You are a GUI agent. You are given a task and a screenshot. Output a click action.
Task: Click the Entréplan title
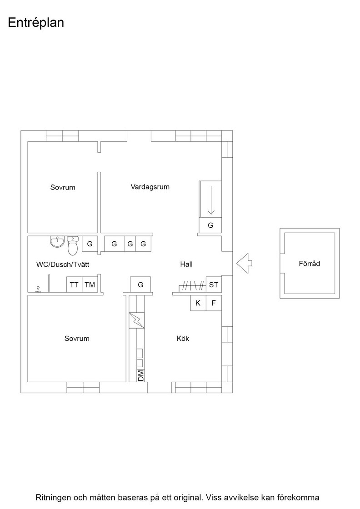[36, 23]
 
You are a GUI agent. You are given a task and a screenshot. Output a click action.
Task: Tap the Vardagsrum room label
[150, 187]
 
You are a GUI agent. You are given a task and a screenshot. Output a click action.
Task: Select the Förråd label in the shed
[310, 263]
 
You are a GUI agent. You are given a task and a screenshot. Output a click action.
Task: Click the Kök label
[183, 338]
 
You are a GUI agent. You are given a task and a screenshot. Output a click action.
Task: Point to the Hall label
[186, 264]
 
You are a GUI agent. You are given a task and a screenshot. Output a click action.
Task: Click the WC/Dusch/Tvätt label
[63, 264]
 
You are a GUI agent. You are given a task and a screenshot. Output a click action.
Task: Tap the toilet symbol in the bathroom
[73, 245]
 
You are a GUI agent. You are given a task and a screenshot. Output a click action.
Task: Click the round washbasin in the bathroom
[57, 242]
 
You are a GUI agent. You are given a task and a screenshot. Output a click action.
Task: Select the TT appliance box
[74, 284]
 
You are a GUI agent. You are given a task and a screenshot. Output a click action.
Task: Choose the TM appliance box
[90, 284]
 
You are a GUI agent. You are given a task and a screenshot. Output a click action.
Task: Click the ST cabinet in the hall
[214, 284]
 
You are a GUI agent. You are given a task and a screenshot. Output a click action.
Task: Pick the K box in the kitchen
[198, 303]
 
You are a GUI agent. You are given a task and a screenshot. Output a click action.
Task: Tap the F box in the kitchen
[214, 303]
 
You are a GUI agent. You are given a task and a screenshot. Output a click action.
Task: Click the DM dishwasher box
[140, 375]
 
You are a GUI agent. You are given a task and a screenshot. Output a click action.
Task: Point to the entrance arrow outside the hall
[244, 263]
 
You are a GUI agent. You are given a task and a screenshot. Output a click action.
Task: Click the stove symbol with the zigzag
[137, 320]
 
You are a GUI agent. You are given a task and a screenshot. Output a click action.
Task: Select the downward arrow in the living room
[211, 200]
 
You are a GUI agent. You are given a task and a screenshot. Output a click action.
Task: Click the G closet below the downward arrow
[210, 225]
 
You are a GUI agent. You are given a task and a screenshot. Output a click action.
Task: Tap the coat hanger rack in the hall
[192, 286]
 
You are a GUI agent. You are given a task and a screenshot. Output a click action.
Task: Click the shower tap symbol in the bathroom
[38, 289]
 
